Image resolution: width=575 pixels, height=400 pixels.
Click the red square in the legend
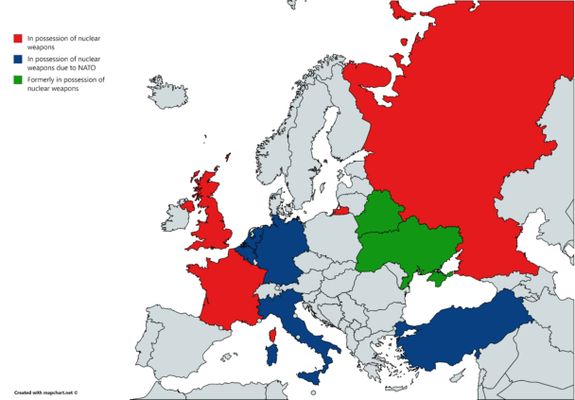point(17,39)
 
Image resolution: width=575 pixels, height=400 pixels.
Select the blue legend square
point(17,60)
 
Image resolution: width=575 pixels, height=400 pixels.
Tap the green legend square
point(17,80)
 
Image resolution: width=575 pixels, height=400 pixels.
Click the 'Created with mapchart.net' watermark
point(45,390)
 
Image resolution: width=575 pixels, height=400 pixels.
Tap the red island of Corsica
point(272,336)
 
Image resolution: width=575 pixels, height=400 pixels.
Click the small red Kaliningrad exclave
point(341,210)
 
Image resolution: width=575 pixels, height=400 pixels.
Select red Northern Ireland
point(187,205)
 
